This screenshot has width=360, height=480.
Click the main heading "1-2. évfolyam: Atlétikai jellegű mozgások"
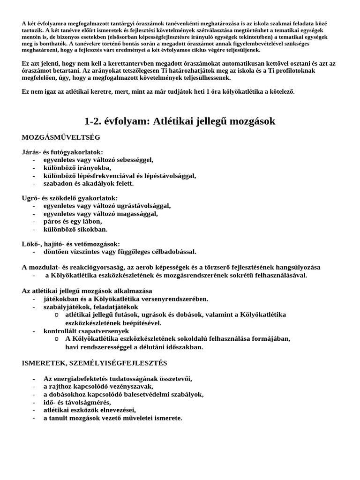[x=180, y=121]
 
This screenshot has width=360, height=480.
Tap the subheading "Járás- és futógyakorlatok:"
[x=62, y=152]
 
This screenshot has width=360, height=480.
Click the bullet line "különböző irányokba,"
[x=77, y=167]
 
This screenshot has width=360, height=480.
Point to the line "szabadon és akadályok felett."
[x=89, y=183]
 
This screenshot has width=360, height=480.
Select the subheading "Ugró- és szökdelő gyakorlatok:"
[x=70, y=198]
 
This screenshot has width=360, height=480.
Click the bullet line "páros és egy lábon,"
[x=73, y=221]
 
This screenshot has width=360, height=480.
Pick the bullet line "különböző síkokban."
[x=75, y=229]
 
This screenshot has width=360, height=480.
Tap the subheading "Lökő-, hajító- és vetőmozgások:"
[x=71, y=244]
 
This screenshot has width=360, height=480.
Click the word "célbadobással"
[x=172, y=252]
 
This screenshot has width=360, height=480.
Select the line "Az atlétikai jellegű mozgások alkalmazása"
[x=87, y=291]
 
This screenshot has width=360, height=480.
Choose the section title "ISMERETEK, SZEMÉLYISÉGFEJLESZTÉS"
[x=94, y=363]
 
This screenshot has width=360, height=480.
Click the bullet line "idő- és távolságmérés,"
[x=77, y=402]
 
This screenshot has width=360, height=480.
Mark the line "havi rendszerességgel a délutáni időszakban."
[x=134, y=347]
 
